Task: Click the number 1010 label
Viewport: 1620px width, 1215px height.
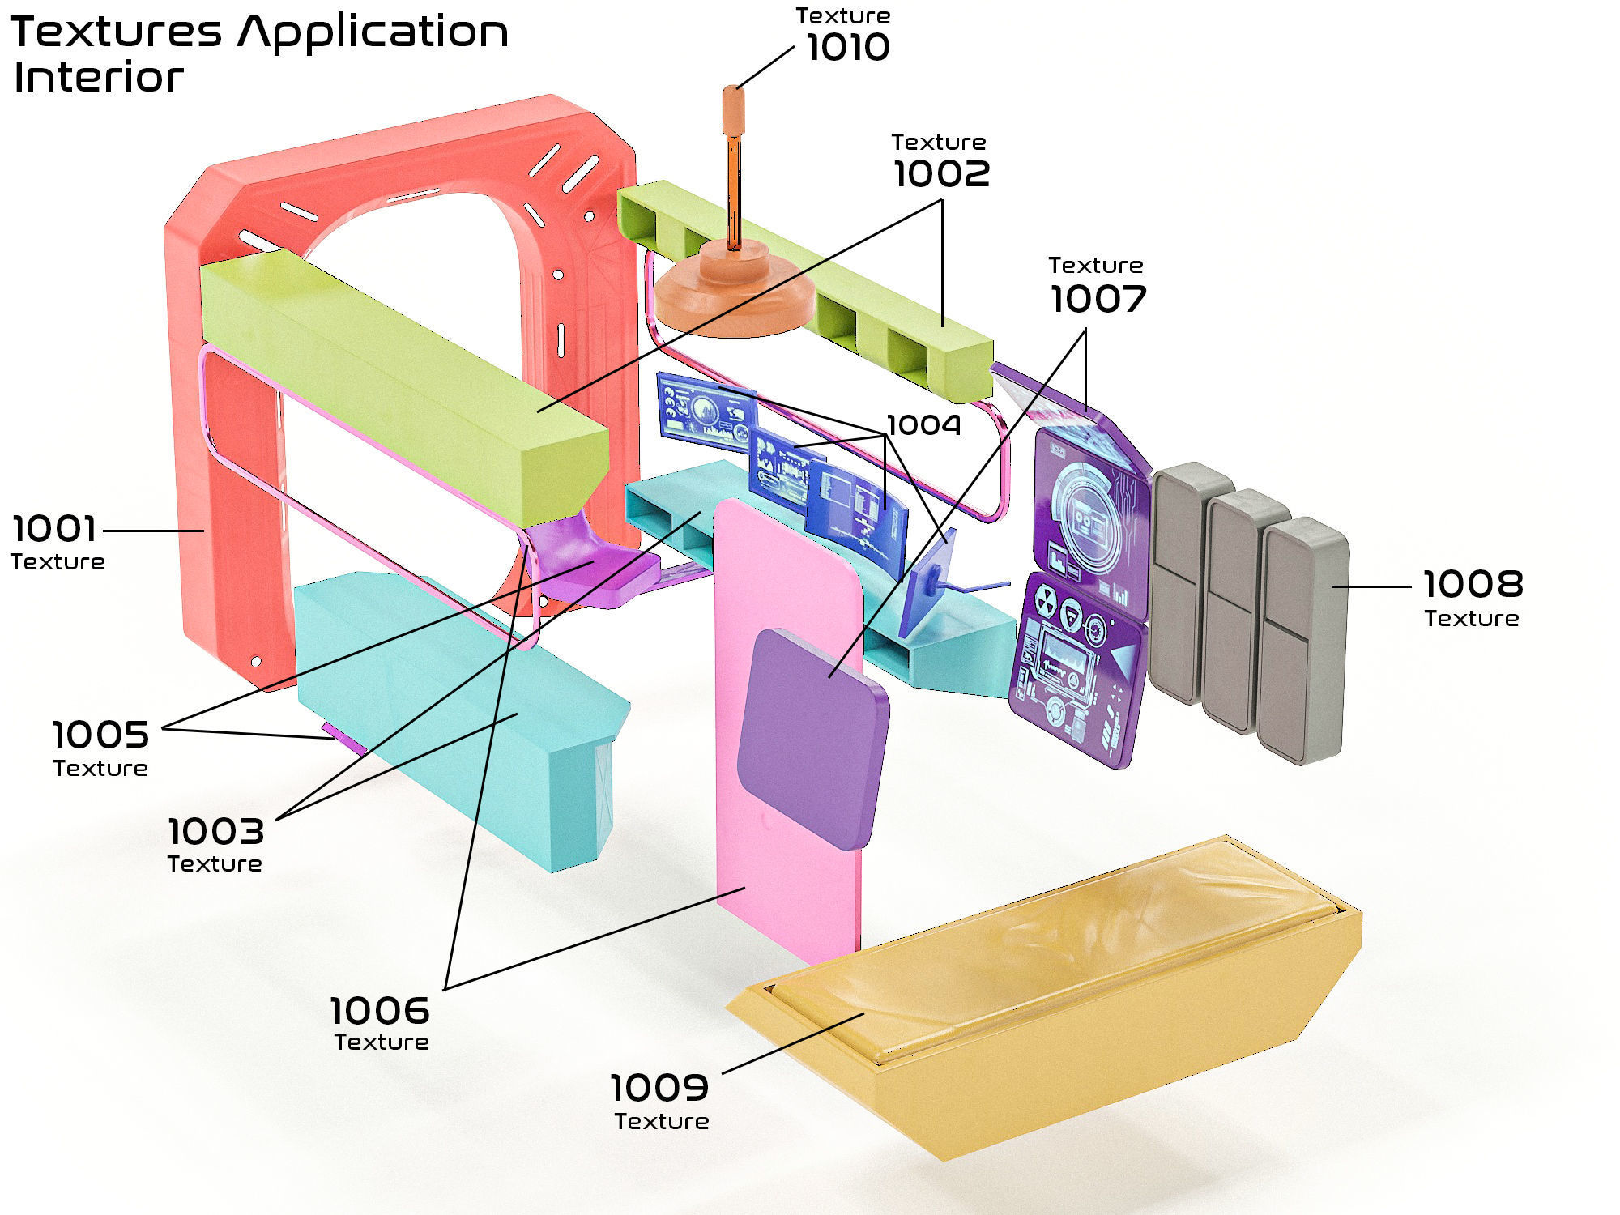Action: [848, 48]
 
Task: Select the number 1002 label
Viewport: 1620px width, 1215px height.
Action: [941, 174]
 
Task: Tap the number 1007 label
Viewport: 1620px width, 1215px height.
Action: [1098, 299]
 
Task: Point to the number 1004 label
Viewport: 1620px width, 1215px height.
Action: [924, 425]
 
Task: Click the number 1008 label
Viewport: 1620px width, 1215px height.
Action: [1473, 584]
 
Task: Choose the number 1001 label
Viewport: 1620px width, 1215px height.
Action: [54, 529]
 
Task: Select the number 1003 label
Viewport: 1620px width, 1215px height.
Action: [215, 832]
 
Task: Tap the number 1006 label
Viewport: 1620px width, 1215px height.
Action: [380, 1011]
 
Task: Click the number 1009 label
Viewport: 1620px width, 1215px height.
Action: [659, 1088]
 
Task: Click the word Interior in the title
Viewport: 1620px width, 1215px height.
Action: [99, 79]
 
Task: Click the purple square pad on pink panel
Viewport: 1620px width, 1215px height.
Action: [812, 739]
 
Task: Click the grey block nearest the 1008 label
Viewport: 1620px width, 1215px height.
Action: [1302, 640]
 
